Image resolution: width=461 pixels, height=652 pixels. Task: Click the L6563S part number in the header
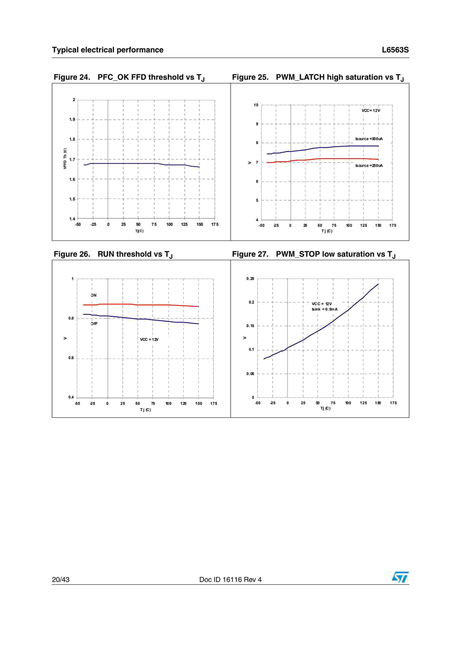click(395, 50)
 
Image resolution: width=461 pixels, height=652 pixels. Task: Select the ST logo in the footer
click(400, 577)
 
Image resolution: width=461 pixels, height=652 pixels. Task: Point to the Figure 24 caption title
click(129, 77)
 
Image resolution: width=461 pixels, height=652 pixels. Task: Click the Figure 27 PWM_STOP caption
click(314, 254)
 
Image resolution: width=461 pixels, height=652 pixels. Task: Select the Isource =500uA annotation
click(369, 139)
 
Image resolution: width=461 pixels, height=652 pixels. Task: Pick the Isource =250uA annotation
click(369, 166)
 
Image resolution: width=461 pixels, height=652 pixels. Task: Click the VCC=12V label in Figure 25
click(371, 110)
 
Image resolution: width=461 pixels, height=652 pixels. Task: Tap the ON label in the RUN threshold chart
click(94, 295)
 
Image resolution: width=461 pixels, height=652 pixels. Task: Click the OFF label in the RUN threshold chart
click(94, 324)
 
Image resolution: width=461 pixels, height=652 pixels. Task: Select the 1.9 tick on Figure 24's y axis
click(72, 119)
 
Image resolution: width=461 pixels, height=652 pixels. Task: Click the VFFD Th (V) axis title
click(65, 159)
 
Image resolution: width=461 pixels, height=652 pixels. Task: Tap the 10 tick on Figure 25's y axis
click(256, 105)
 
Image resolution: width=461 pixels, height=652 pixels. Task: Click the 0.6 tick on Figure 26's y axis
click(71, 358)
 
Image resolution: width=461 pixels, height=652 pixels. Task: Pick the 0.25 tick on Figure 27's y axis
click(250, 279)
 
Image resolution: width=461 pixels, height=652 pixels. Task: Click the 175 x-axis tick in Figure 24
click(215, 224)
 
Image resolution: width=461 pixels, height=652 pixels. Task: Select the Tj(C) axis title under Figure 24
click(139, 231)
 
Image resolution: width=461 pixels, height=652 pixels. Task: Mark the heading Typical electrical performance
click(108, 50)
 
